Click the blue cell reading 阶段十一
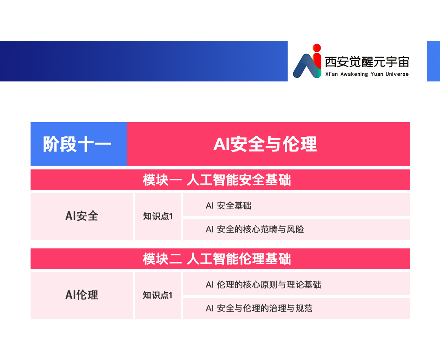point(79,144)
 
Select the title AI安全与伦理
point(265,144)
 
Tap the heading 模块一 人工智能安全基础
point(217,180)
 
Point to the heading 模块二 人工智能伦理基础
point(217,259)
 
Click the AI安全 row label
point(81,216)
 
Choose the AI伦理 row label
point(81,295)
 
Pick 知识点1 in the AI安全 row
point(158,216)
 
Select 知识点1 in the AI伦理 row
point(158,295)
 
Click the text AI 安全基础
point(229,206)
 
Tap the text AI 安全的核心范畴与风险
point(255,229)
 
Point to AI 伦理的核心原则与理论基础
point(263,285)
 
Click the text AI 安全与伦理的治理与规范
point(259,308)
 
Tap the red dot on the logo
point(317,48)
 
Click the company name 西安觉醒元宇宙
point(367,62)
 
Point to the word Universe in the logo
point(397,75)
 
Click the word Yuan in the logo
point(377,75)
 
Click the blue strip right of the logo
point(433,61)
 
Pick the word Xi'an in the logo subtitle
point(332,75)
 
